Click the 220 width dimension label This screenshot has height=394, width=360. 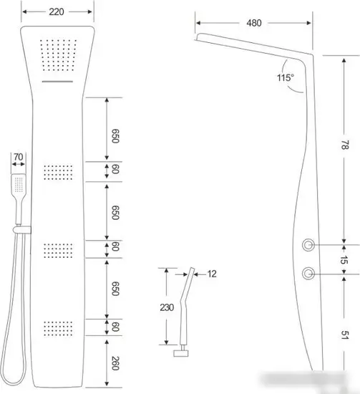coord(57,11)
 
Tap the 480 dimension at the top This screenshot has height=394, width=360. coord(254,23)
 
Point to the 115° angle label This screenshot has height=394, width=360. coord(285,77)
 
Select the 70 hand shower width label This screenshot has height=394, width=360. coord(19,157)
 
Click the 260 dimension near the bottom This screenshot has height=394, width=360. coord(115,363)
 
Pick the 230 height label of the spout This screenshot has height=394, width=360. coord(167,307)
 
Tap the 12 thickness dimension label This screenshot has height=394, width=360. coord(212,274)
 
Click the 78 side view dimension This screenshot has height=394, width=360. coord(345,145)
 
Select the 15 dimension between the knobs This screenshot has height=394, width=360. coord(344,260)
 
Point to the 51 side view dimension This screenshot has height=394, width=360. coord(345,335)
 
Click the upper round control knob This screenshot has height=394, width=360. coord(308,245)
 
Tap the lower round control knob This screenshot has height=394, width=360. coord(308,274)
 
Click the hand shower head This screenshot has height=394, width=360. coord(19,183)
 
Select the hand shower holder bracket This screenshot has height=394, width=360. coord(22,230)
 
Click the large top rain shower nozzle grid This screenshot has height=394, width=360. coord(58,54)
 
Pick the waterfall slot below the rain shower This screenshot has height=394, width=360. coord(57,82)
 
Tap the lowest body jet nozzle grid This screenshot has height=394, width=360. coord(58,328)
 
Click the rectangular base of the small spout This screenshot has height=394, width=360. coord(181,353)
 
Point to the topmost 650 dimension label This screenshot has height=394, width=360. coord(115,136)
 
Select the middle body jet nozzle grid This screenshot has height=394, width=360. coord(58,250)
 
